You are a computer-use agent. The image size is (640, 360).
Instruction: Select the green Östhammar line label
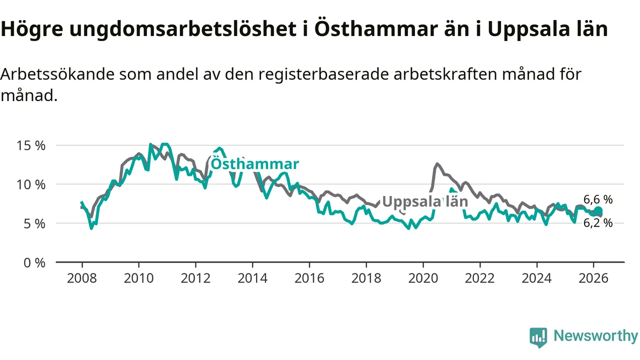(x=254, y=164)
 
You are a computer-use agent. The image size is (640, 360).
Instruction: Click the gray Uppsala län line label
(x=424, y=201)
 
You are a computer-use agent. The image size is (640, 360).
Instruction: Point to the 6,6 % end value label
(x=598, y=199)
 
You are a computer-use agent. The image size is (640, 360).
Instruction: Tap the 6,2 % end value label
(x=598, y=223)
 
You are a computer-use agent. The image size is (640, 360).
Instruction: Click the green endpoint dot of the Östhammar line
(x=598, y=211)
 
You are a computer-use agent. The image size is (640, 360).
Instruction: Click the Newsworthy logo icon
(x=538, y=337)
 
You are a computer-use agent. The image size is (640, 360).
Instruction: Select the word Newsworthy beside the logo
(x=595, y=336)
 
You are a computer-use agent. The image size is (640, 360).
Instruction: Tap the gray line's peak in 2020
(x=437, y=163)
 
